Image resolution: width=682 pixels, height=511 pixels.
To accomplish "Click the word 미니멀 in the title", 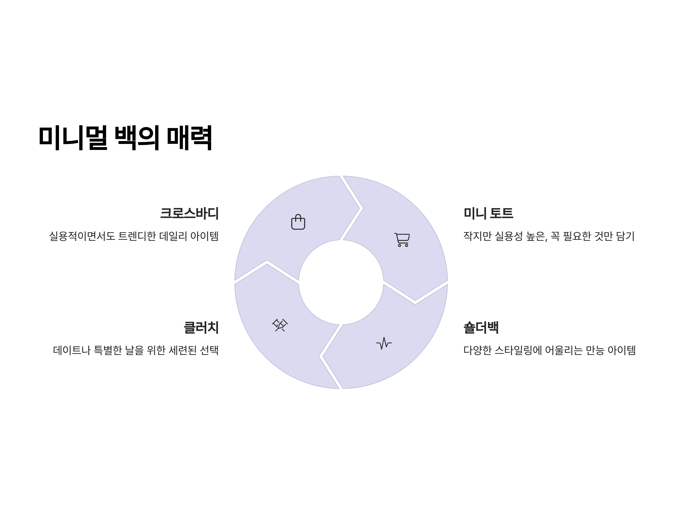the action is pyautogui.click(x=73, y=137).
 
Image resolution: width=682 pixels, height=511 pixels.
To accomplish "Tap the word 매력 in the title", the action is pyautogui.click(x=189, y=137).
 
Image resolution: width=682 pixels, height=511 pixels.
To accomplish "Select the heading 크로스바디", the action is pyautogui.click(x=189, y=213).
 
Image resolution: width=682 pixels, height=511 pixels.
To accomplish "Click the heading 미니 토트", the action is pyautogui.click(x=488, y=213).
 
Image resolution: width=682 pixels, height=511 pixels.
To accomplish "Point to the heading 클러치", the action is pyautogui.click(x=201, y=327).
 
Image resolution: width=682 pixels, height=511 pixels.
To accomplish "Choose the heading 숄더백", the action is pyautogui.click(x=481, y=327).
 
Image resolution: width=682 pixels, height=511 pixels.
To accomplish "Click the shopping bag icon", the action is pyautogui.click(x=298, y=222).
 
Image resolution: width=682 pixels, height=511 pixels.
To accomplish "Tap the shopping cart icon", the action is pyautogui.click(x=402, y=240).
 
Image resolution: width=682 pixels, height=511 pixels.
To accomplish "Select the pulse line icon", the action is pyautogui.click(x=384, y=343).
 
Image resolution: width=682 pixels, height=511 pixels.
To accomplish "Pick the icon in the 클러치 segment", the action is pyautogui.click(x=280, y=325).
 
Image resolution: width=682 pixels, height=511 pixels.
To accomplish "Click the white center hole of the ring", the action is pyautogui.click(x=341, y=282).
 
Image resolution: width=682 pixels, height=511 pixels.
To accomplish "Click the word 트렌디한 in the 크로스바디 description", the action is pyautogui.click(x=137, y=236).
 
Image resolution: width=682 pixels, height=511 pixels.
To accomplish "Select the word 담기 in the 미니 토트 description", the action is pyautogui.click(x=625, y=236).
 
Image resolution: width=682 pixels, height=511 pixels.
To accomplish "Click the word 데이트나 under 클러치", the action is pyautogui.click(x=72, y=350).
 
